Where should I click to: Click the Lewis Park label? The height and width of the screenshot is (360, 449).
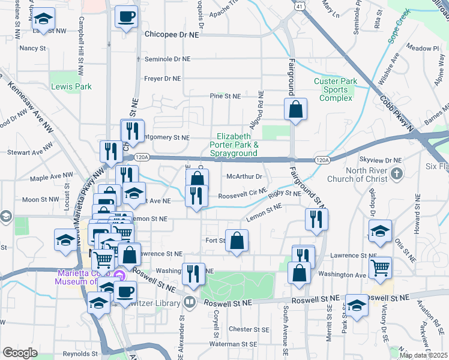point(71,86)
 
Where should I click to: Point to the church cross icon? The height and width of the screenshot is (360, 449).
point(396,174)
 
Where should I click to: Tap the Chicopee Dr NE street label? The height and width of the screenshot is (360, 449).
point(172,35)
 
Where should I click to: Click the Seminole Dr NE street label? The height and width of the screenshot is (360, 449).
point(169,59)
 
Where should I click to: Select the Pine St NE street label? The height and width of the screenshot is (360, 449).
point(225,96)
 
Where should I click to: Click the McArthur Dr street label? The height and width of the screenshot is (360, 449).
point(244,176)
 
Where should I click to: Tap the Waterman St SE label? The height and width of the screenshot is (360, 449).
point(235,344)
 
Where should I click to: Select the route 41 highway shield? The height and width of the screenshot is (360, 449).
point(298,5)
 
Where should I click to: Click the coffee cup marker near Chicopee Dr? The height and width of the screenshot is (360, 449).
point(127,17)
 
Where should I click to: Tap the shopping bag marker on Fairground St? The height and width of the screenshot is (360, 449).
point(295,110)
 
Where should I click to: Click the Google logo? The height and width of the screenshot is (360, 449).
point(20,352)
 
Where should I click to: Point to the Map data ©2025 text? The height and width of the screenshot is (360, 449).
point(423,355)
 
